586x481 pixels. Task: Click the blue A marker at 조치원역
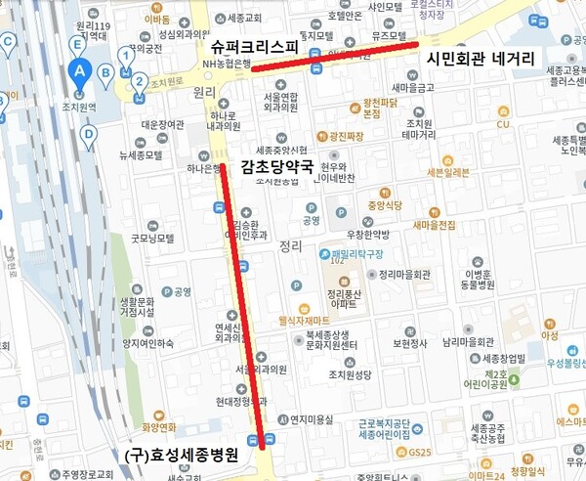(81, 70)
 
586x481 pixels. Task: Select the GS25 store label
(420, 451)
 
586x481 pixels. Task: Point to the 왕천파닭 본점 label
(384, 108)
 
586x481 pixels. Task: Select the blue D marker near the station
(89, 135)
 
